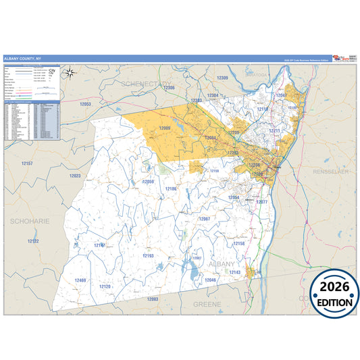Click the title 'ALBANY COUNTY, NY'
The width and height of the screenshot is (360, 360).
tap(22, 59)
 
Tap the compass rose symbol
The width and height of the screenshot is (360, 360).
tap(68, 72)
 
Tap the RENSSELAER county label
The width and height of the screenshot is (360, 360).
tap(333, 172)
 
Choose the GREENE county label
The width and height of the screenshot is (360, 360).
tap(207, 305)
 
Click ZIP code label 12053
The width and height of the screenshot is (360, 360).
tap(85, 104)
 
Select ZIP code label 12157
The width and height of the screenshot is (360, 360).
tap(27, 163)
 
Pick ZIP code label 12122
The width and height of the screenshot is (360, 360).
tap(33, 241)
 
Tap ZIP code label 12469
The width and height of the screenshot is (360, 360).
tap(80, 280)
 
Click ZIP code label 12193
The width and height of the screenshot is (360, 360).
tap(148, 256)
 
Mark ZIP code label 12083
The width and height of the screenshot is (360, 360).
tap(152, 299)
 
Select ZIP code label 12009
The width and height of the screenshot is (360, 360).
tap(165, 128)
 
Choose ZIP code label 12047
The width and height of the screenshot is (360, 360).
tap(282, 96)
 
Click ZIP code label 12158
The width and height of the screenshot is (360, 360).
tap(238, 243)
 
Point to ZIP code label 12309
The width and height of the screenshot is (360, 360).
tap(222, 78)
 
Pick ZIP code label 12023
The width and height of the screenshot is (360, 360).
tap(74, 176)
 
